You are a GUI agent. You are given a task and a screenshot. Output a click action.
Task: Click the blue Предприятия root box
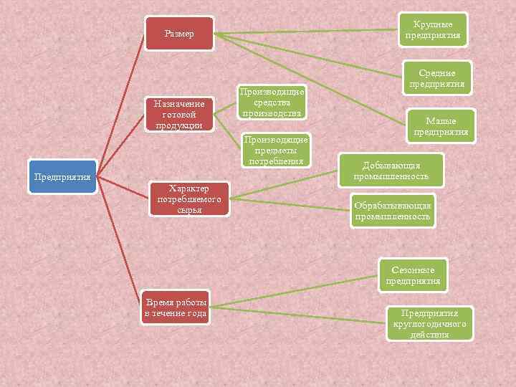62,177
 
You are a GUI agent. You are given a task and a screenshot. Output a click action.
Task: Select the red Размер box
179,34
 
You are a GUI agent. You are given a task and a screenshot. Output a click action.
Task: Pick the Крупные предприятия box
433,30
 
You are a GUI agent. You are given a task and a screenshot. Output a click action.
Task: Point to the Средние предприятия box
436,78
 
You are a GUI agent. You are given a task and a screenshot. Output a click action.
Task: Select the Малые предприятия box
441,126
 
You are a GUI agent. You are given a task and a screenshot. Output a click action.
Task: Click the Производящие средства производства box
272,102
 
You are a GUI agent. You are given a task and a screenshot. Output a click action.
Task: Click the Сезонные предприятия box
413,275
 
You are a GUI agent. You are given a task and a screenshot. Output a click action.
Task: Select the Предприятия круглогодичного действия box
429,323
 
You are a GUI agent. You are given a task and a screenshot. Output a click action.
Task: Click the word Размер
179,34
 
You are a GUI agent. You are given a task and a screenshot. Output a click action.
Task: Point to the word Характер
189,188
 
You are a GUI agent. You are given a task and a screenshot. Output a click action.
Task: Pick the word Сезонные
413,270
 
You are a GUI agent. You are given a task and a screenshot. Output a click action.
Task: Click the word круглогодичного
429,324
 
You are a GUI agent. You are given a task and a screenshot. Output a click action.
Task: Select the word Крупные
433,25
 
